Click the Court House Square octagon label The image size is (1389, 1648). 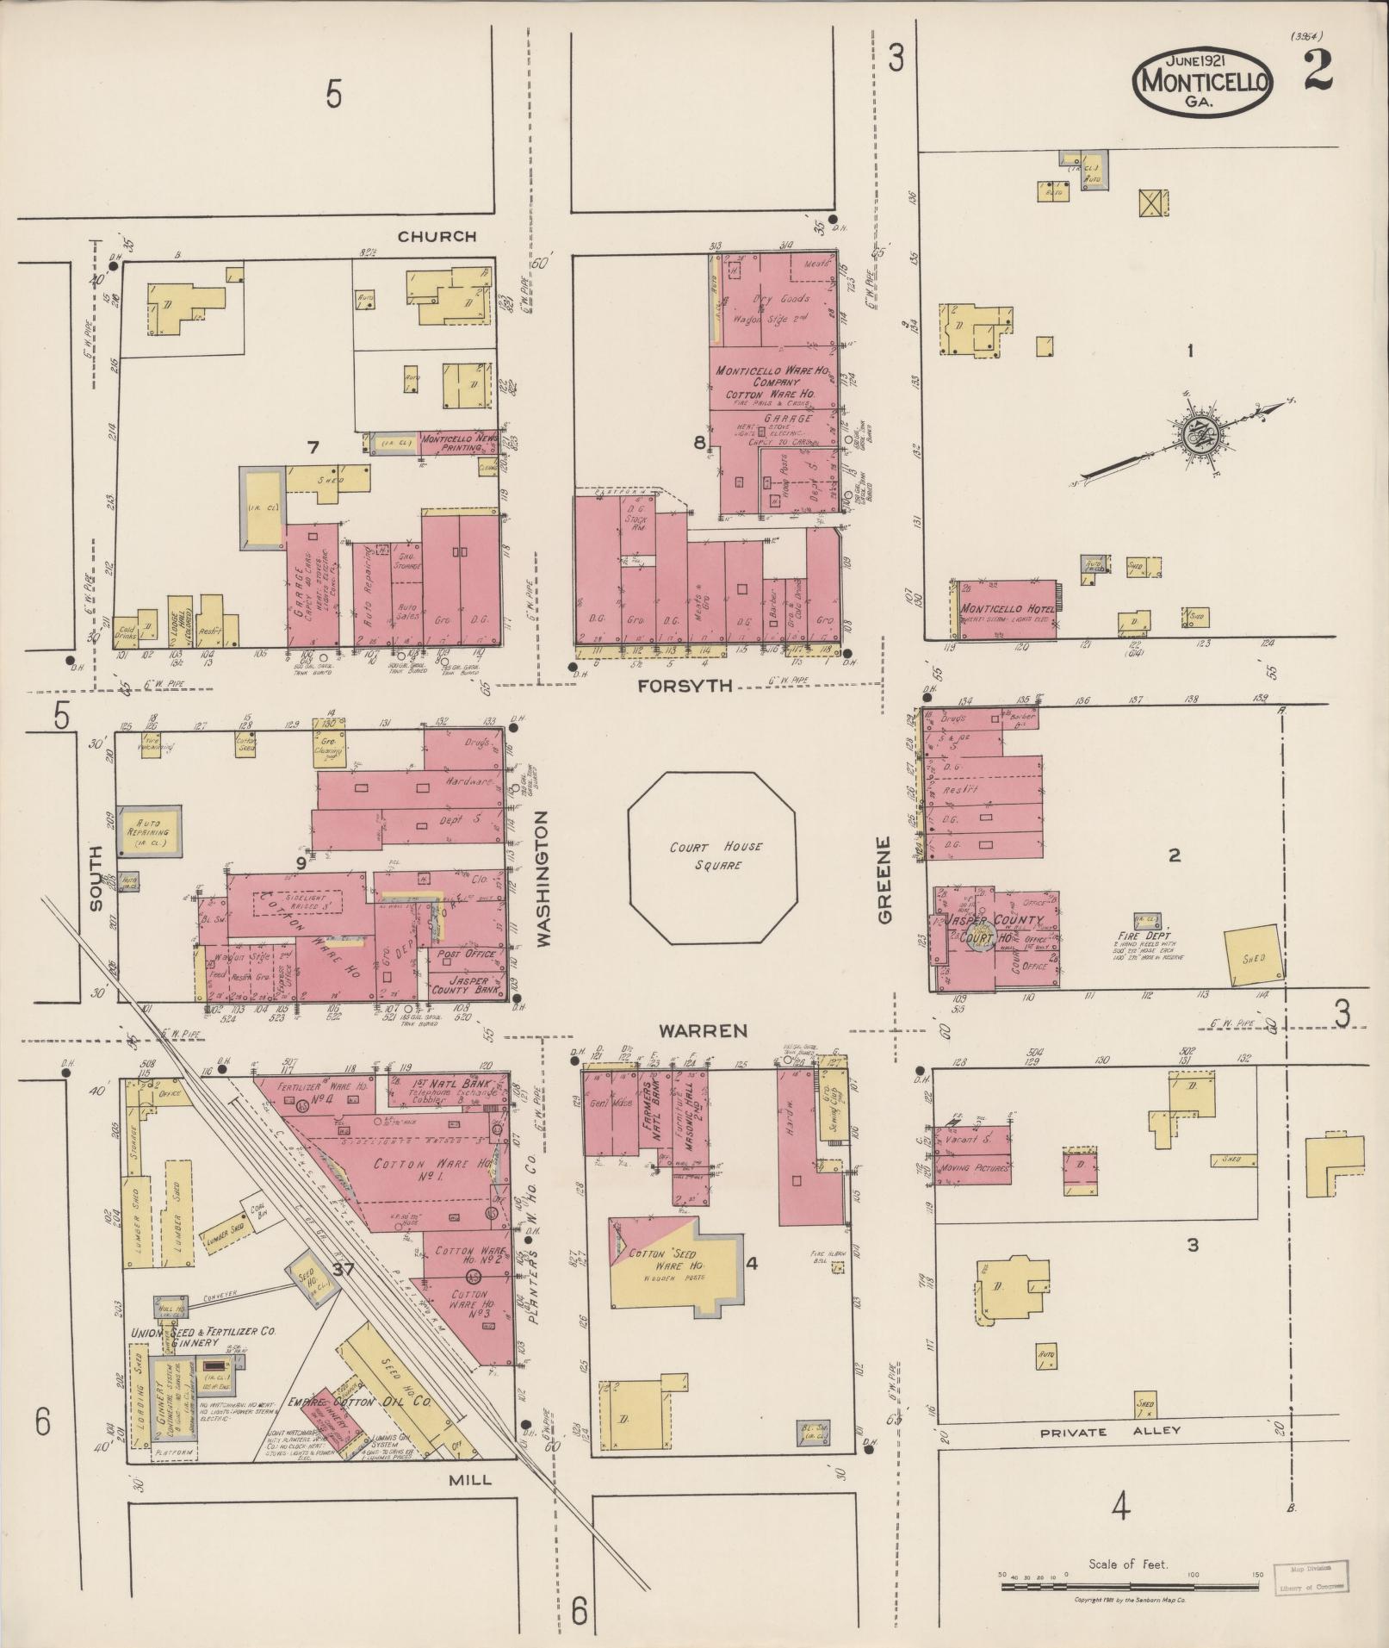[x=716, y=855]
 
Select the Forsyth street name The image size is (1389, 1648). [x=686, y=686]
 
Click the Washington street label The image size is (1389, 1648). [x=544, y=879]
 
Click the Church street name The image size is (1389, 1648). [x=437, y=236]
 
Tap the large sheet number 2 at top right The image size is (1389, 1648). [x=1318, y=72]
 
